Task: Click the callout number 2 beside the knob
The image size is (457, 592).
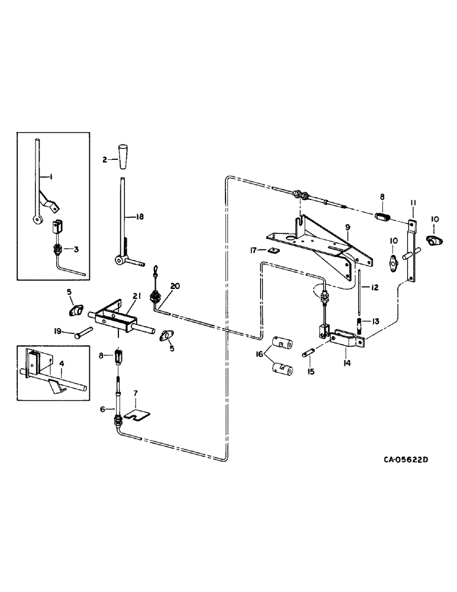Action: (x=104, y=160)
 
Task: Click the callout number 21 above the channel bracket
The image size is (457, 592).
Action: (x=136, y=296)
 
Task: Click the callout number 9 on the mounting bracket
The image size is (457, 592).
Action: (x=348, y=227)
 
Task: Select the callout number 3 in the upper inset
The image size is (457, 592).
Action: (x=76, y=249)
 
